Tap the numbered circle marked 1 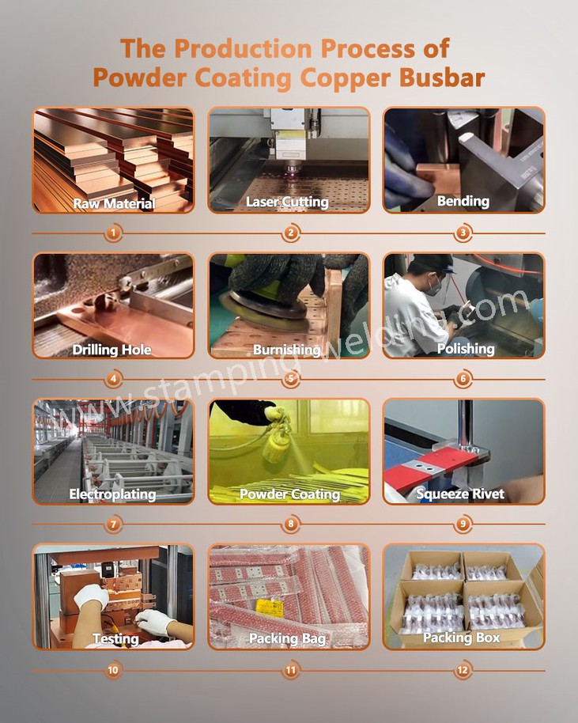coord(114,233)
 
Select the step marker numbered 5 coord(290,378)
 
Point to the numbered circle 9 coord(463,524)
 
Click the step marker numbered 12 coord(463,671)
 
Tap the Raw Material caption coord(114,203)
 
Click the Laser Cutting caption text coord(287,202)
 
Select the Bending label coord(463,201)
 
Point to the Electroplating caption coord(112,494)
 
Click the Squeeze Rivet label coord(460,494)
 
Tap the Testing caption coord(115,638)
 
